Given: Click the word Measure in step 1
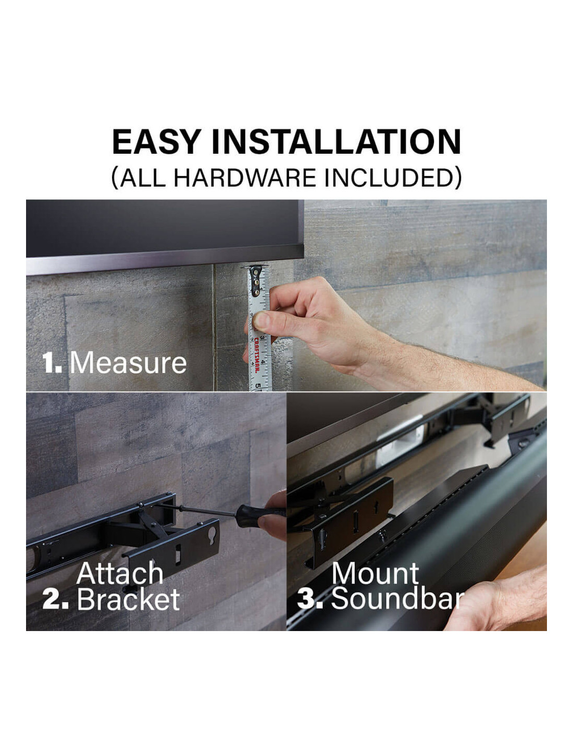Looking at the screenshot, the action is click(129, 363).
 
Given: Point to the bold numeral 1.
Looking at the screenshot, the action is click(52, 363).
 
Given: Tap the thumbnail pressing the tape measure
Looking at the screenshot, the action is click(261, 320).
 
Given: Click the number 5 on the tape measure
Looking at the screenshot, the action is click(258, 386).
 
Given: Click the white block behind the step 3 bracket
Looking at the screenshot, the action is click(402, 444).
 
